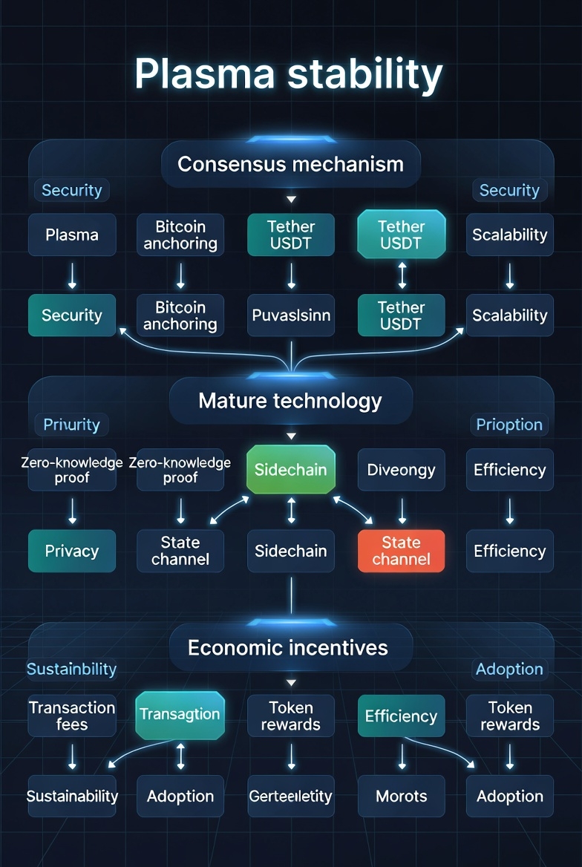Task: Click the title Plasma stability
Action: coord(289,74)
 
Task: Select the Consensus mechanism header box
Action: coord(290,164)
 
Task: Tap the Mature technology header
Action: coord(290,402)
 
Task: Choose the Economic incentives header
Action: coord(288,647)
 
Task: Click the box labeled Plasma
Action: coord(72,235)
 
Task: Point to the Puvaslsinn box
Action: coord(291,315)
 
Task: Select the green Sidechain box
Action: coord(291,470)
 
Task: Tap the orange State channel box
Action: coord(401,551)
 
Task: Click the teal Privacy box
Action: coord(72,551)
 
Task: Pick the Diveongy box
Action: coord(401,470)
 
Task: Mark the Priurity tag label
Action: coord(71,425)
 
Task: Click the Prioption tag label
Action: coord(509,425)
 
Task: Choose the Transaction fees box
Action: coord(72,716)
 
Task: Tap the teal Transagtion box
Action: coord(180,715)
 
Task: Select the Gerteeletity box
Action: coord(291,796)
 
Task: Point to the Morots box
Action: coord(401,796)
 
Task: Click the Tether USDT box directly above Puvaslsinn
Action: coord(291,235)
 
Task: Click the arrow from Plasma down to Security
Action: coord(72,275)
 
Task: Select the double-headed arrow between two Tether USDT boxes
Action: coord(402,275)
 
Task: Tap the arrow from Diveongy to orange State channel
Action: coord(402,511)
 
